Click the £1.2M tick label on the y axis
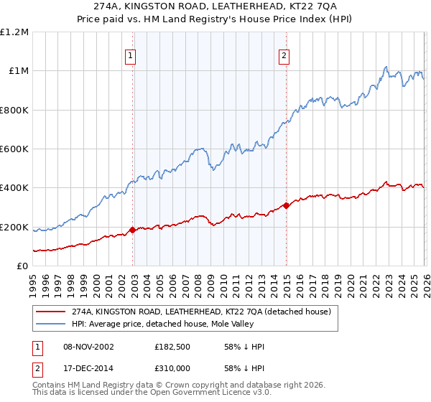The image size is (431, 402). pyautogui.click(x=14, y=32)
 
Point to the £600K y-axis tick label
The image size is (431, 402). pyautogui.click(x=14, y=149)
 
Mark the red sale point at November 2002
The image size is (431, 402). pyautogui.click(x=133, y=230)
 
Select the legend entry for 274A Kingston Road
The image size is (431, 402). pyautogui.click(x=201, y=312)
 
